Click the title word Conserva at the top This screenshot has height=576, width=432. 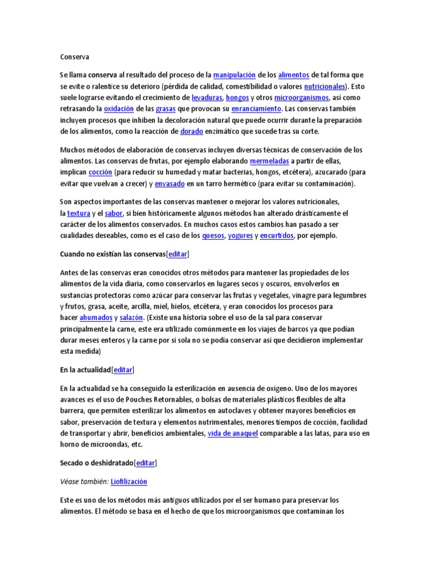[74, 57]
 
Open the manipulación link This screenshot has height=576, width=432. [235, 75]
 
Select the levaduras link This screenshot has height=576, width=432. [206, 97]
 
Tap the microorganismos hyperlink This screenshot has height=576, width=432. [301, 97]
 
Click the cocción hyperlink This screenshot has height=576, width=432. [101, 172]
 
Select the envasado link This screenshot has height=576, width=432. [169, 183]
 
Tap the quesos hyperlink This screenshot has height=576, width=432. [213, 236]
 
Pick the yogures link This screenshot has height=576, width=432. [240, 236]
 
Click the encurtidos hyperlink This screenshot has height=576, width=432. [277, 236]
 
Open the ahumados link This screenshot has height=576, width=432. [95, 318]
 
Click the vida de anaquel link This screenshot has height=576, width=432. [233, 433]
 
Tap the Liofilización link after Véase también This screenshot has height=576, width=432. [129, 481]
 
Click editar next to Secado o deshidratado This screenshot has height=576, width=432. [145, 463]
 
